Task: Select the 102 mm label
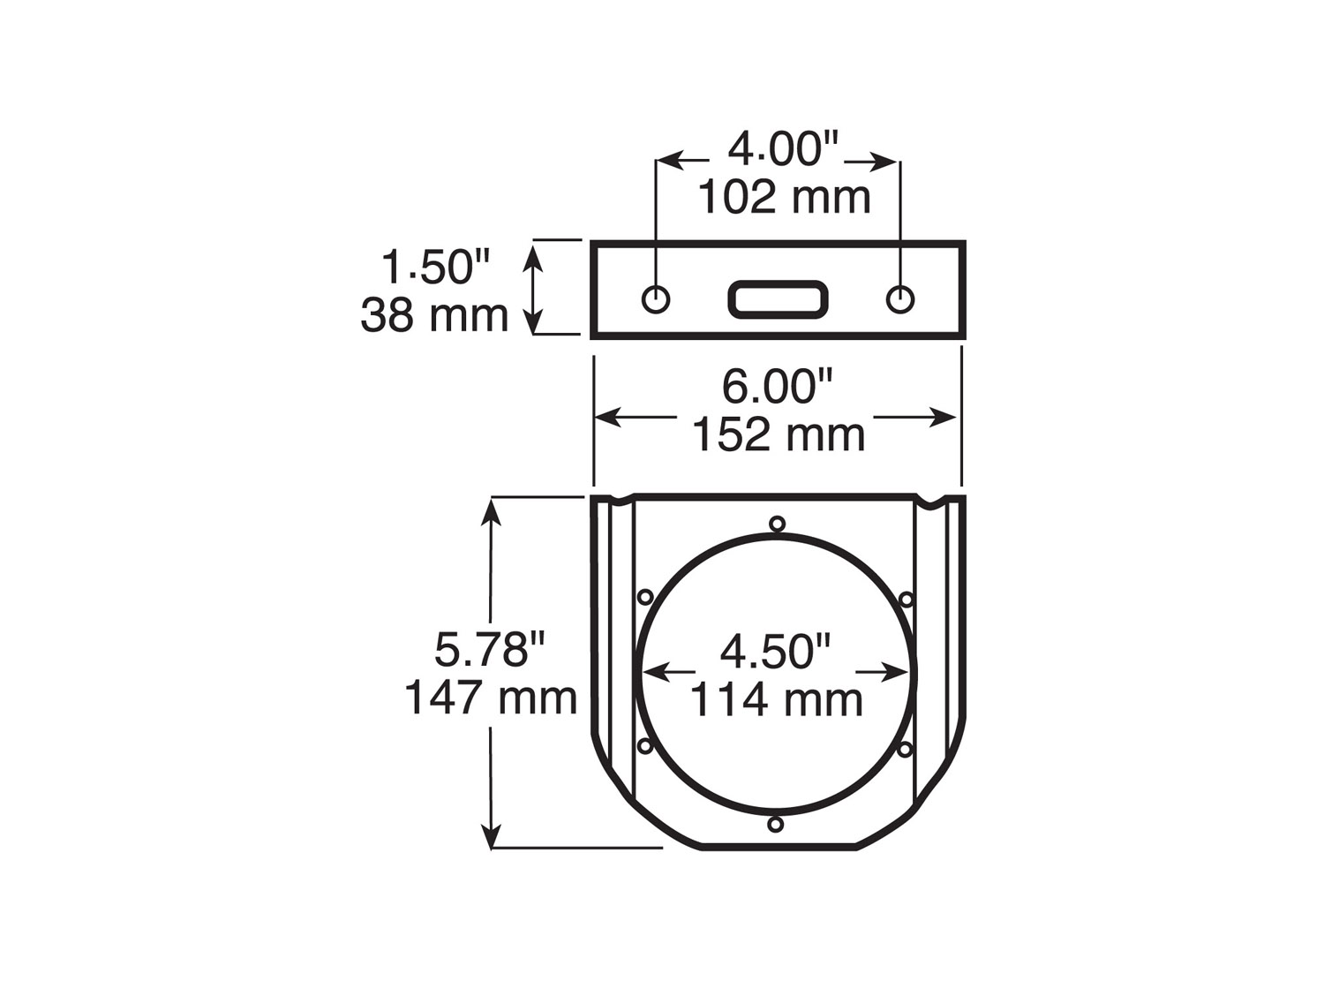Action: point(784,198)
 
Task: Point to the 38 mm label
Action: point(434,315)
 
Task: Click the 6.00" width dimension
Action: point(778,387)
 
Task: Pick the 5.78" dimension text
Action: point(490,650)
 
